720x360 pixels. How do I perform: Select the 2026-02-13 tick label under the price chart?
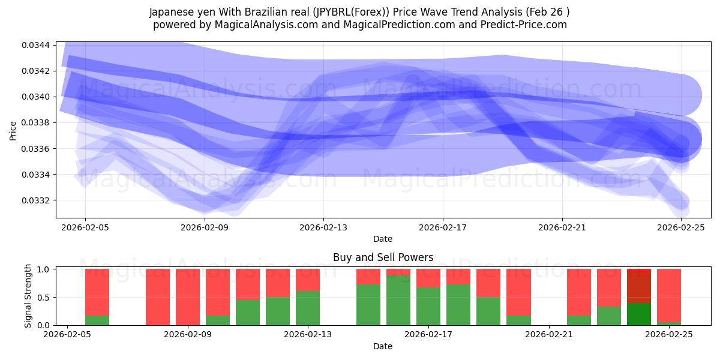point(323,227)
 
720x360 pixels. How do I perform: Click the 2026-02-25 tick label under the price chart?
point(681,227)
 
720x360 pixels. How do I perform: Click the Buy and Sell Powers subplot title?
point(383,257)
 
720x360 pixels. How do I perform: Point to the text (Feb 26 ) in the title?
point(547,11)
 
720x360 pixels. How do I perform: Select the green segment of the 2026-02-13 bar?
point(308,308)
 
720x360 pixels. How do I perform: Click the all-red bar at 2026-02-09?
point(188,297)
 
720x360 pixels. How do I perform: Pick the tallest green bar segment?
point(398,300)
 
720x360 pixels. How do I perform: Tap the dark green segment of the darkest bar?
point(639,314)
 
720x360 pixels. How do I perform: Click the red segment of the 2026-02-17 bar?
point(428,278)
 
